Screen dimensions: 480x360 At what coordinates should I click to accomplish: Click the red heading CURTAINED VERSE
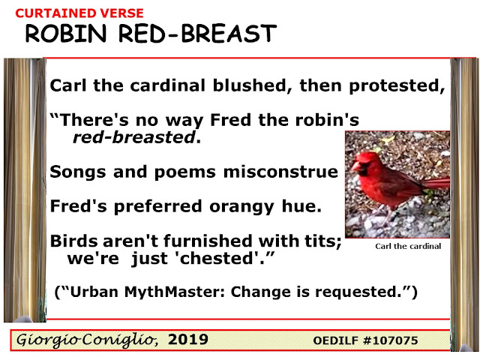click(79, 13)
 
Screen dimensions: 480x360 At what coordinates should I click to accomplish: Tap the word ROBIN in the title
click(66, 33)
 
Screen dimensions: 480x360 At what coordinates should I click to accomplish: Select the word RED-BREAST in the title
click(197, 33)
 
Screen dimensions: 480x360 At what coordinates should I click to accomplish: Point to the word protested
click(397, 86)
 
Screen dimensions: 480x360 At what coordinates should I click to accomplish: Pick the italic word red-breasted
click(134, 137)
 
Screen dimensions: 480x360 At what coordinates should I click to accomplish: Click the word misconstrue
click(280, 172)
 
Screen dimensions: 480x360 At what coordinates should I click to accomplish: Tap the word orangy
click(241, 207)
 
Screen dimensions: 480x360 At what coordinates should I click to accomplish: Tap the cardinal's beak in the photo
click(355, 166)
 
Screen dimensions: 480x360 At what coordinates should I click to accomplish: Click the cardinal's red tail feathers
click(436, 183)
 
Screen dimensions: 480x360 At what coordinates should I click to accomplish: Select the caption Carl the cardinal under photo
click(408, 246)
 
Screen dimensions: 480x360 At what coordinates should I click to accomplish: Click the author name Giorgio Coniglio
click(87, 340)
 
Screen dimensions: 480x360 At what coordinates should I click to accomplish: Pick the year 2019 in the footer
click(188, 340)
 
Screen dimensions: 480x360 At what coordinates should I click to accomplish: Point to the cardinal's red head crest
click(367, 155)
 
